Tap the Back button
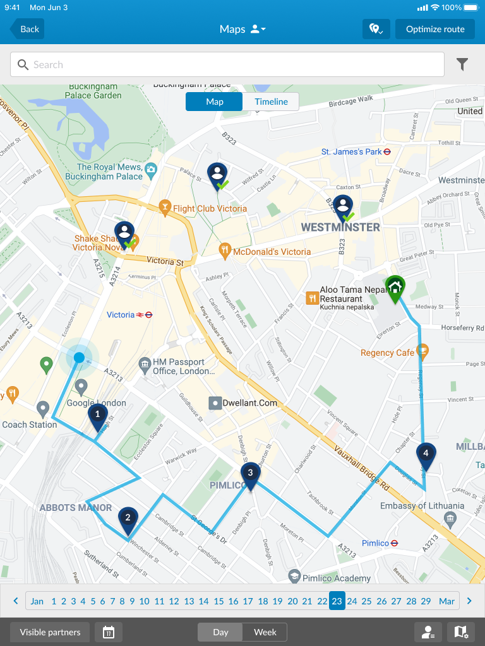click(27, 29)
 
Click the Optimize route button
click(434, 29)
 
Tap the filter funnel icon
click(462, 64)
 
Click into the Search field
click(227, 64)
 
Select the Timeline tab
click(271, 102)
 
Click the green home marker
click(395, 288)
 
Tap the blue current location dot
click(79, 358)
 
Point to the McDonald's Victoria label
click(272, 252)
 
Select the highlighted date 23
click(337, 601)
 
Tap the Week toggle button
click(265, 632)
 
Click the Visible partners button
click(50, 632)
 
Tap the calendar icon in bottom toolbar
click(109, 632)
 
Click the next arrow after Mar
click(469, 601)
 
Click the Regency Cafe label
click(388, 353)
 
